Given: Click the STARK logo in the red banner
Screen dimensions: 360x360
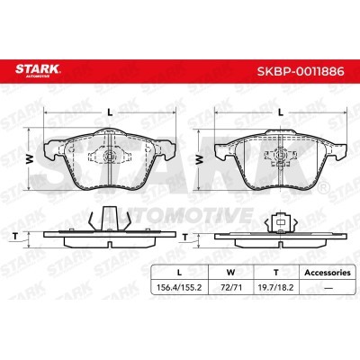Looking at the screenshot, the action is click(38, 70).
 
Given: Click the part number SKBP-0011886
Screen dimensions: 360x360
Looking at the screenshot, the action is click(301, 71).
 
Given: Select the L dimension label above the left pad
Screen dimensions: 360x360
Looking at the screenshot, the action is click(111, 112).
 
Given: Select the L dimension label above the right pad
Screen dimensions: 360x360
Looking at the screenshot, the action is click(281, 112).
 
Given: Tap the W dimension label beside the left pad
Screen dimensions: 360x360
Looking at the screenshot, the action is click(30, 160).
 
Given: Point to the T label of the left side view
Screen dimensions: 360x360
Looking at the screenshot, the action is click(15, 237).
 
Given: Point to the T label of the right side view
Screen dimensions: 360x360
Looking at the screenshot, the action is click(185, 238).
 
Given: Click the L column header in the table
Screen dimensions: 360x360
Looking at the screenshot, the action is click(179, 273).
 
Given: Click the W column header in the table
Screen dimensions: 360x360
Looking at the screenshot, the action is click(230, 273).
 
